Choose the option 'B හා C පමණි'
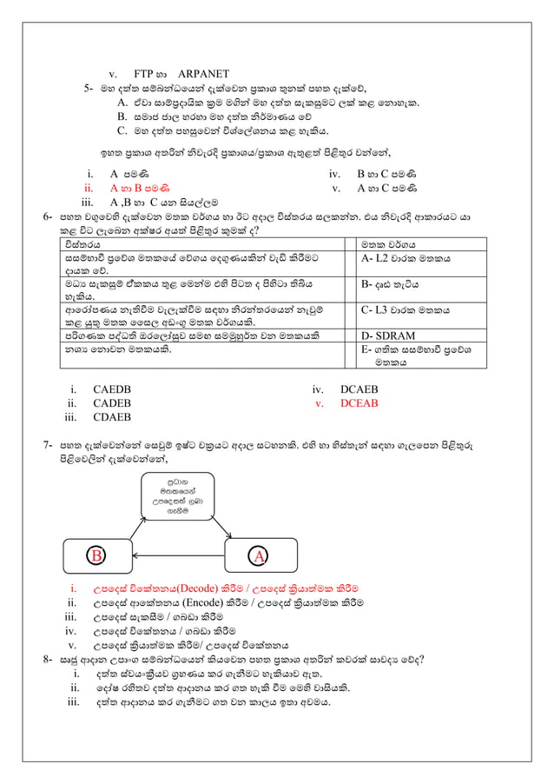point(387,173)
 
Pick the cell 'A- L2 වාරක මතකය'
point(404,259)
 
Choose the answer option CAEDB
point(113,389)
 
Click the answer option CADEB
point(113,403)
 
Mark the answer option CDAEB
point(113,417)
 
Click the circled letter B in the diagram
point(99,555)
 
